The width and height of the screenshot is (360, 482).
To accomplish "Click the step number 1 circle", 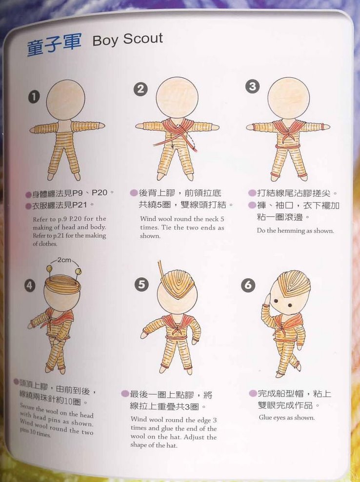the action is pyautogui.click(x=34, y=97).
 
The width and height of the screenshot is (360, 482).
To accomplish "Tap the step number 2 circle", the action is pyautogui.click(x=140, y=89).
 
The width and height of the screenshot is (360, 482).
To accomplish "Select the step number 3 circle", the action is pyautogui.click(x=252, y=86).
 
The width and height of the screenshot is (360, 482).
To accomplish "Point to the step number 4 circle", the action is pyautogui.click(x=30, y=286).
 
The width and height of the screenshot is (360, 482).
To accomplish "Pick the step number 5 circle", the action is pyautogui.click(x=141, y=285).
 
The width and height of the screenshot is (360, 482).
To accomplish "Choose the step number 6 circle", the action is pyautogui.click(x=248, y=285).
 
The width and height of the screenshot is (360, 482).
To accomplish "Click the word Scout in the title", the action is pyautogui.click(x=143, y=39).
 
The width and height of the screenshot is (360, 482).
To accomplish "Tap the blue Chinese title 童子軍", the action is pyautogui.click(x=54, y=44).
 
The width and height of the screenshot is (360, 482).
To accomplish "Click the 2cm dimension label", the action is pyautogui.click(x=64, y=260).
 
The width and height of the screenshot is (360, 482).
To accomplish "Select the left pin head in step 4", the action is pyautogui.click(x=49, y=270).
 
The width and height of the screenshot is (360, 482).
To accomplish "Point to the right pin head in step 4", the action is pyautogui.click(x=79, y=271).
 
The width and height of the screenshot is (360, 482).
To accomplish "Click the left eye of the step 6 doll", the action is pyautogui.click(x=276, y=301).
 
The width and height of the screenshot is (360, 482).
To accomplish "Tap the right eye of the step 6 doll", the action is pyautogui.click(x=290, y=305).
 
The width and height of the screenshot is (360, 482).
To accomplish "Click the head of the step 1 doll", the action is pyautogui.click(x=65, y=100).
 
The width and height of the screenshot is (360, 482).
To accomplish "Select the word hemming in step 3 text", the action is pyautogui.click(x=291, y=231).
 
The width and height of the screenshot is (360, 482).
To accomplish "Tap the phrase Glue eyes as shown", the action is pyautogui.click(x=287, y=418).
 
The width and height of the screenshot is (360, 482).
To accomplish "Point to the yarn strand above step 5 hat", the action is pyautogui.click(x=161, y=270).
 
